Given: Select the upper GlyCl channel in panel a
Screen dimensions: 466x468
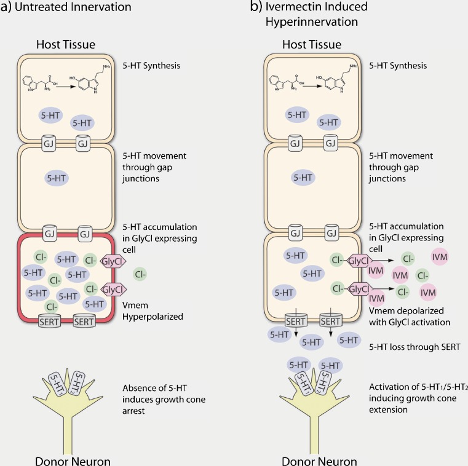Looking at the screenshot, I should click(x=114, y=261).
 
